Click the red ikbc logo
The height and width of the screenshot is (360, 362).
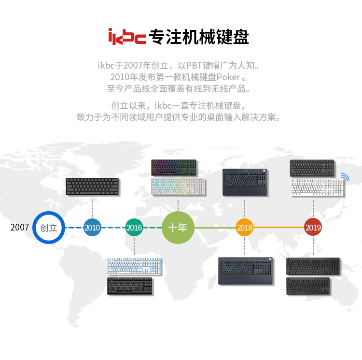point(127,37)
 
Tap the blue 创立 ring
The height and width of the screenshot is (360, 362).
point(34,228)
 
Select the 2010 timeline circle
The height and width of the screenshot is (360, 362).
point(92,228)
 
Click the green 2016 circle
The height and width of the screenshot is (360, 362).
point(134,228)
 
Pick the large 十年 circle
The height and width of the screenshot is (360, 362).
point(178,228)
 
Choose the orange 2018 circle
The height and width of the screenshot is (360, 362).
point(245,228)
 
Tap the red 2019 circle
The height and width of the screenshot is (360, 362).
point(313,227)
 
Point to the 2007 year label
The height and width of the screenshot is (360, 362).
point(20,228)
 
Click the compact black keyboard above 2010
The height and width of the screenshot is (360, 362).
point(92,187)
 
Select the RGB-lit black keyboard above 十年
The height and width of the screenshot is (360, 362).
point(174,168)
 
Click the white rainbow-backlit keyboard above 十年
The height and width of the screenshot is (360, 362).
point(178,187)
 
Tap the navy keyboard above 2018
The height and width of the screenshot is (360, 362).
point(245,183)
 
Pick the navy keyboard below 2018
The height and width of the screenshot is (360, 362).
point(246,271)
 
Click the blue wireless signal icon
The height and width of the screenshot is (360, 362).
point(345,176)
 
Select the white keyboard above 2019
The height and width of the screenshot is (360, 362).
point(317,187)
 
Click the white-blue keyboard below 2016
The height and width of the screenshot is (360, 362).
point(134,266)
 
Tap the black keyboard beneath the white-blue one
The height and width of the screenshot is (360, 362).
point(130,286)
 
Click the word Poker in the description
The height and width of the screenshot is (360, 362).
point(228,77)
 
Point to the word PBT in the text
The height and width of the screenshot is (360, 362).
point(194,66)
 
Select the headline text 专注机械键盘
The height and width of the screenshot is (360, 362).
point(199,37)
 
